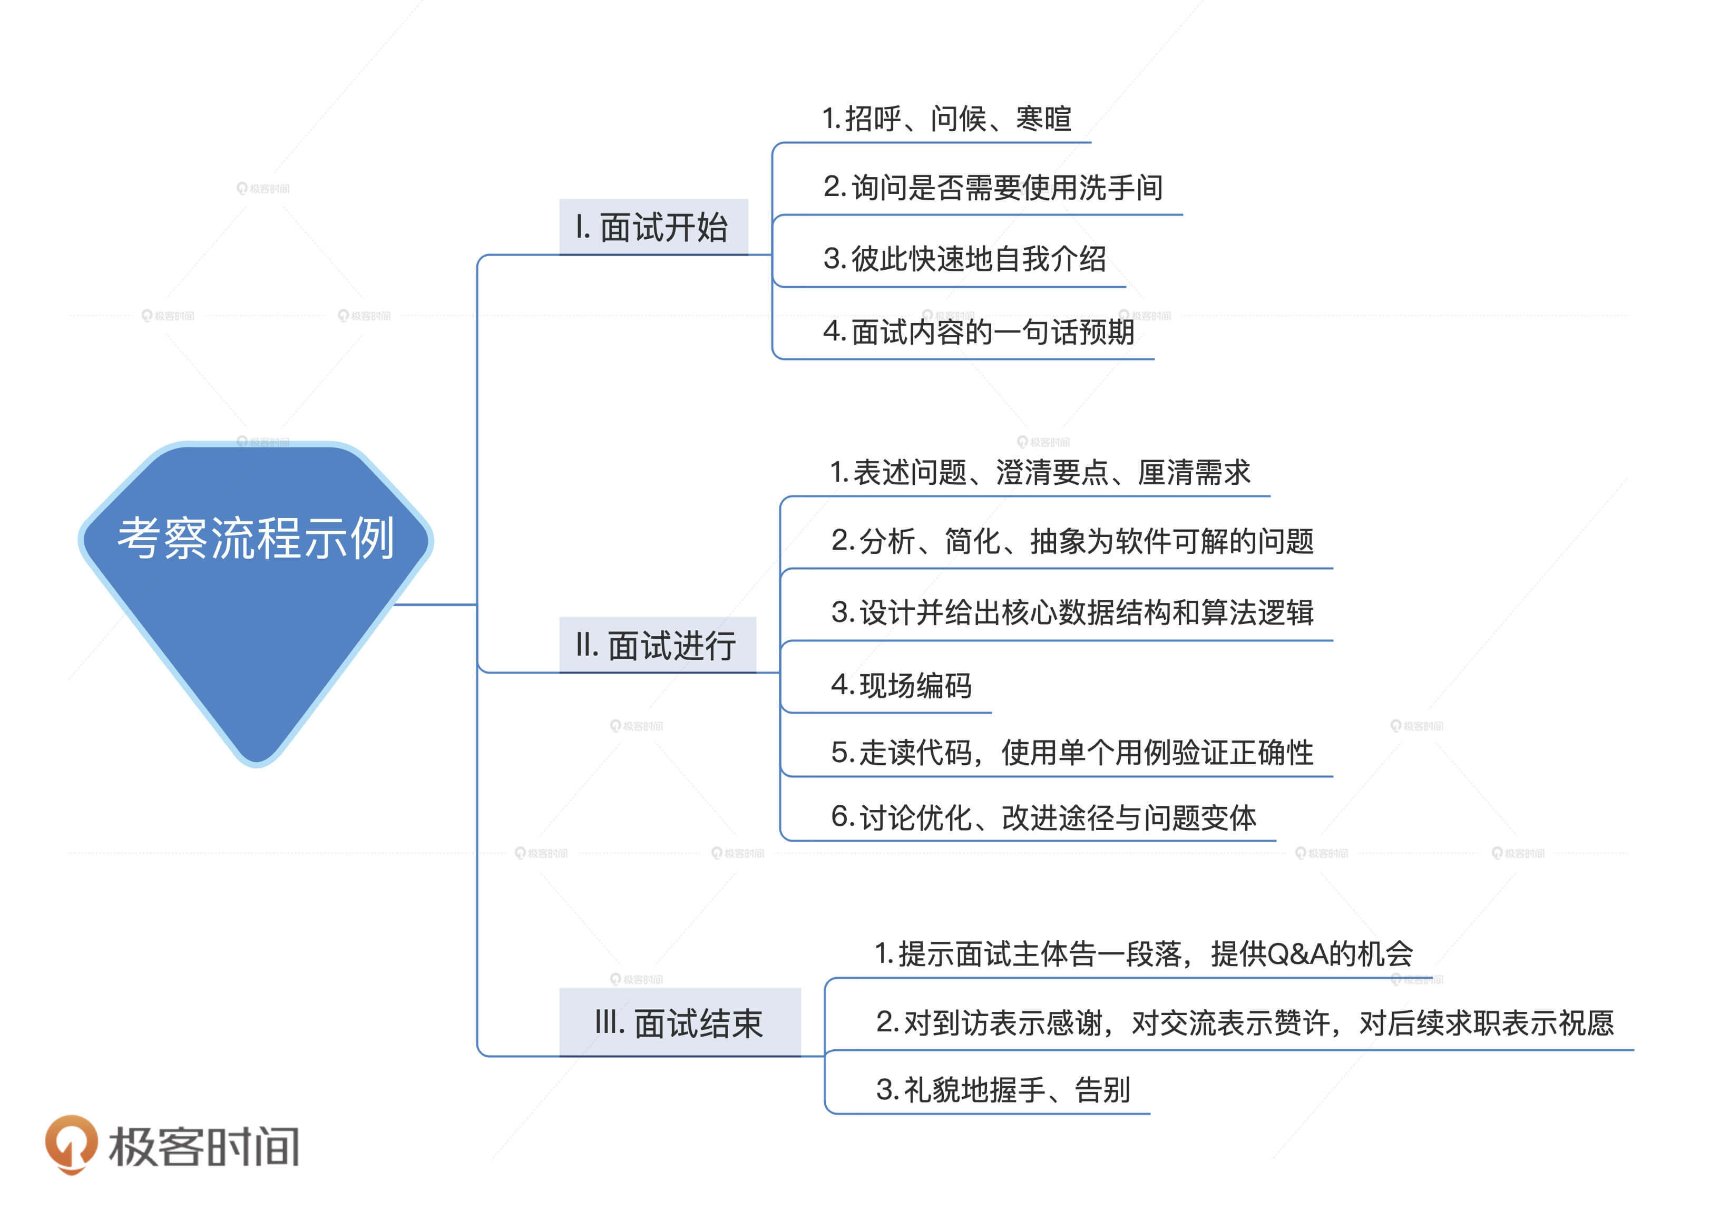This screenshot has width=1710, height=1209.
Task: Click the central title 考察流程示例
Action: (x=256, y=538)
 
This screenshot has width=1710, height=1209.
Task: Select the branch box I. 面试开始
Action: (x=653, y=227)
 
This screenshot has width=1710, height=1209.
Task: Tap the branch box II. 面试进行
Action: (x=657, y=645)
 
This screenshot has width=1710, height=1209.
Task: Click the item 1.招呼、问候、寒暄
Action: (x=946, y=119)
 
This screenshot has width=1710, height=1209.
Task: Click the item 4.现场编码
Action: (x=901, y=685)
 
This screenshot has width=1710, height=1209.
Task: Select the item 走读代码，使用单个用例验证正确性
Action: (x=1072, y=753)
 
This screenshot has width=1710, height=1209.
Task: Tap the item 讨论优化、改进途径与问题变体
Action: (x=1044, y=817)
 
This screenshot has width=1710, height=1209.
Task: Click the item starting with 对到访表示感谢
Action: (x=1245, y=1023)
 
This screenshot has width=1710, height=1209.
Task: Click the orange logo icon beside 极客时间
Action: (x=71, y=1144)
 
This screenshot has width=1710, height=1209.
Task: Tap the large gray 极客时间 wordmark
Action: (x=204, y=1146)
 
